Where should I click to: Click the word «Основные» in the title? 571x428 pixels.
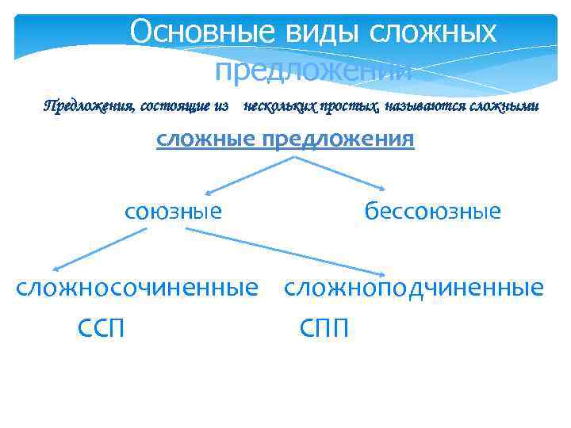click(x=201, y=32)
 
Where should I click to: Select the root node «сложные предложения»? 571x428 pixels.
click(x=285, y=139)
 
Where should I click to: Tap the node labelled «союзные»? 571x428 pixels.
click(x=173, y=211)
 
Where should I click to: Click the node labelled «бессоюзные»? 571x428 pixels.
click(x=433, y=211)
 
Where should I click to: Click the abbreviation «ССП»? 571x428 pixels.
click(x=101, y=327)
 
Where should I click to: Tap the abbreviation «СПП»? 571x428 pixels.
click(x=324, y=327)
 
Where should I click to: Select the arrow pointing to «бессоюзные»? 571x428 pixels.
click(x=341, y=174)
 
